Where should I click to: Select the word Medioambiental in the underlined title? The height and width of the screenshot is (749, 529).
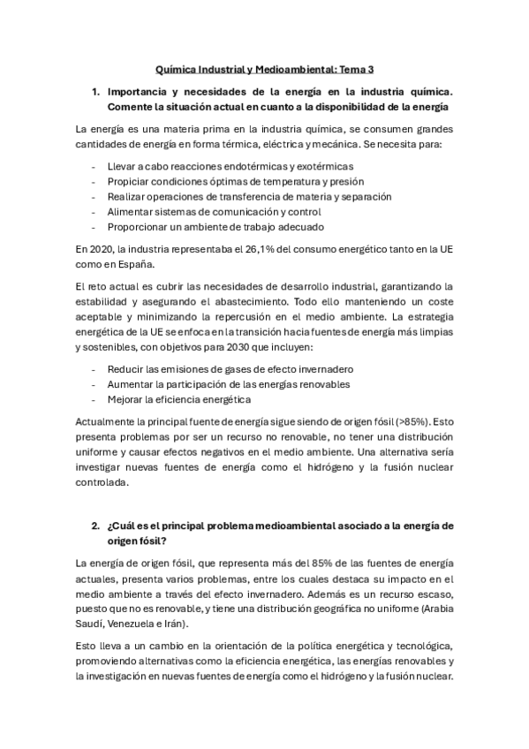297,66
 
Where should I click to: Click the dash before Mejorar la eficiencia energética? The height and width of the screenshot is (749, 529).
94,398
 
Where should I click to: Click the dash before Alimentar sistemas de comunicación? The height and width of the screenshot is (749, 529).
94,211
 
